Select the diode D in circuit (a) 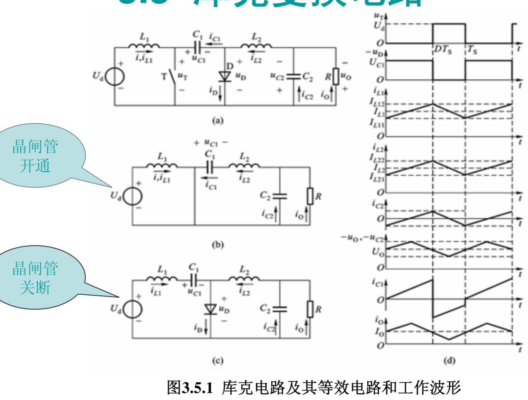pyautogui.click(x=225, y=76)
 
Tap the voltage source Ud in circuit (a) pyautogui.click(x=115, y=77)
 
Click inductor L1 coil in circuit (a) pyautogui.click(x=144, y=46)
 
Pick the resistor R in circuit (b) pyautogui.click(x=310, y=196)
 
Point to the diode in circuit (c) pyautogui.click(x=210, y=309)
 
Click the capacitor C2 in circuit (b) pyautogui.click(x=280, y=196)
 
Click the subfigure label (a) pyautogui.click(x=218, y=120)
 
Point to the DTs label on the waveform pyautogui.click(x=443, y=50)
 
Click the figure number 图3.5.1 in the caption pyautogui.click(x=190, y=387)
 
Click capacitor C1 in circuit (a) pyautogui.click(x=197, y=47)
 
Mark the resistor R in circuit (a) pyautogui.click(x=335, y=76)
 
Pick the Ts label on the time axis pyautogui.click(x=472, y=50)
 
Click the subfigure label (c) pyautogui.click(x=218, y=361)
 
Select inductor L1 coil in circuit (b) pyautogui.click(x=162, y=165)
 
